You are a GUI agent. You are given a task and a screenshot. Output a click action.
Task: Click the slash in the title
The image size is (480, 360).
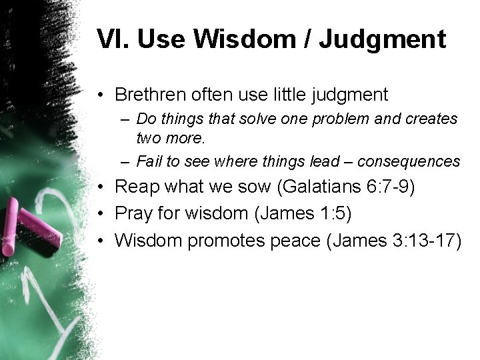click(307, 39)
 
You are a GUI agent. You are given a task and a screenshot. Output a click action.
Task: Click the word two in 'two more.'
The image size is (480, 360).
click(147, 138)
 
